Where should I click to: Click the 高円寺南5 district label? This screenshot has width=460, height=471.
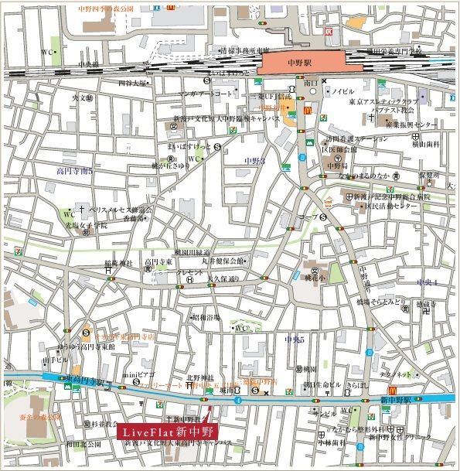point(74,171)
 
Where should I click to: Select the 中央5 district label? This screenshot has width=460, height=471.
point(295,339)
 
